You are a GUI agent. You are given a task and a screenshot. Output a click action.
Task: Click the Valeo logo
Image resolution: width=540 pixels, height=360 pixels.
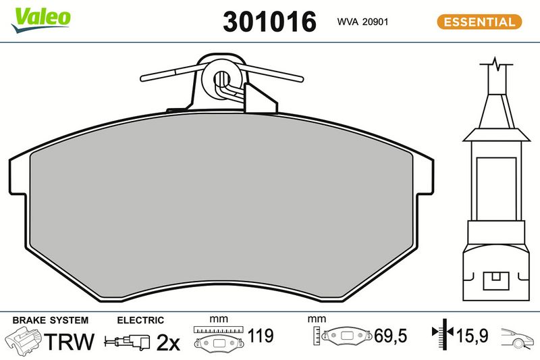click(x=41, y=20)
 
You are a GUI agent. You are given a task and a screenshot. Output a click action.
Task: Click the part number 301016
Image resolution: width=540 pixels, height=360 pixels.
click(x=269, y=22)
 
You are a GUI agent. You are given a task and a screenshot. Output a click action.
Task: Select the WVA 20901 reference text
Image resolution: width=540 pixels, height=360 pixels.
click(x=362, y=22)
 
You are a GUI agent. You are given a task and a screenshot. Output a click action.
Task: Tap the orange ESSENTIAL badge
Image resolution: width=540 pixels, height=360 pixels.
click(x=479, y=22)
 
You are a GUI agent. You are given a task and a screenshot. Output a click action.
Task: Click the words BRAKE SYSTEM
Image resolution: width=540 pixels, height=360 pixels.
click(x=50, y=320)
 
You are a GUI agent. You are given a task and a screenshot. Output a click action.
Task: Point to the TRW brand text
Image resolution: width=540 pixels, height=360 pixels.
click(x=70, y=341)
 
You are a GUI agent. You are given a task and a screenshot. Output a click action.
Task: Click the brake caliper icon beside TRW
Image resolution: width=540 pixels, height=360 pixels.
click(x=24, y=340)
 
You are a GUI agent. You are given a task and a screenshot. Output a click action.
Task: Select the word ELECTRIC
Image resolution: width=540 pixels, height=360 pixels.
click(x=140, y=320)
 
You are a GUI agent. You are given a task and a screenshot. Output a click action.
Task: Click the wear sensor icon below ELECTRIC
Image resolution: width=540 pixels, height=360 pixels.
click(x=127, y=342)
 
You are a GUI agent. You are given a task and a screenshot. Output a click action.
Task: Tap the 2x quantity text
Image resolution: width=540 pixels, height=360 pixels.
click(x=168, y=342)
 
